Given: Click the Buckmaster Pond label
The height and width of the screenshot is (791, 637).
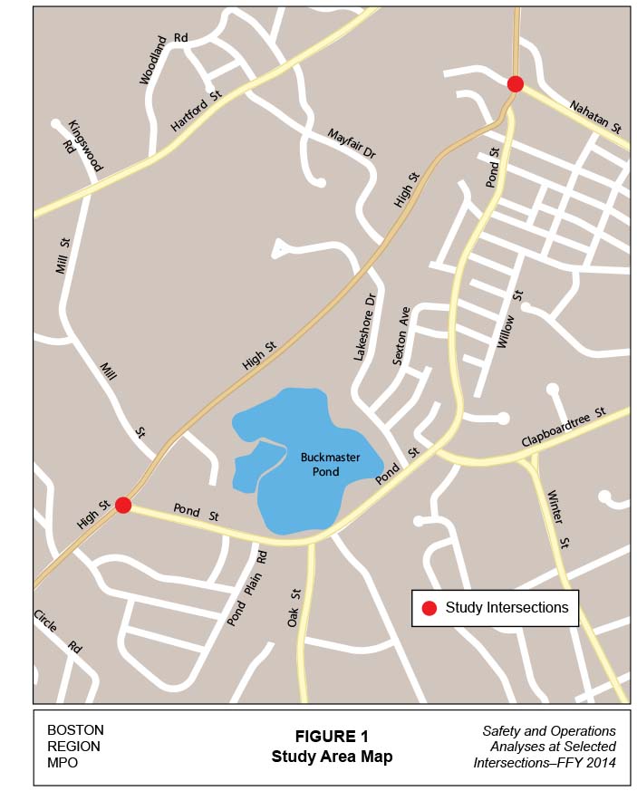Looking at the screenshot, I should [330, 465].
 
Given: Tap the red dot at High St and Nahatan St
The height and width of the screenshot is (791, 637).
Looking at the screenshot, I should [515, 84].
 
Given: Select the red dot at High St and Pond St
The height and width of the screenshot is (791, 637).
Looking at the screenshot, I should [123, 505].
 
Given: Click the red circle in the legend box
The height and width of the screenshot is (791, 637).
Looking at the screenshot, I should [429, 608].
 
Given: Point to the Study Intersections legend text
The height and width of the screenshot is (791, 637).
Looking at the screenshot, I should [507, 607].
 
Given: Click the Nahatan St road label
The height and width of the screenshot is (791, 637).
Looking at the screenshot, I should [595, 117].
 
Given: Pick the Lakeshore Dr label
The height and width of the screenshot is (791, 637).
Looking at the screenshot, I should [364, 327].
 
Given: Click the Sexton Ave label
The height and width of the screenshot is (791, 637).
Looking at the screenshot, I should [401, 335].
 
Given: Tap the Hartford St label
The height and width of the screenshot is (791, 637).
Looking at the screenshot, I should [196, 111].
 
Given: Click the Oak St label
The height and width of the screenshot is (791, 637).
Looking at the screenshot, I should [295, 606].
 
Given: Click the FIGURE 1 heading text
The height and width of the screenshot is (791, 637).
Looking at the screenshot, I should [332, 736].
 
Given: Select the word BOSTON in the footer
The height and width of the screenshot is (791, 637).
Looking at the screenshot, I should [75, 729].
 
